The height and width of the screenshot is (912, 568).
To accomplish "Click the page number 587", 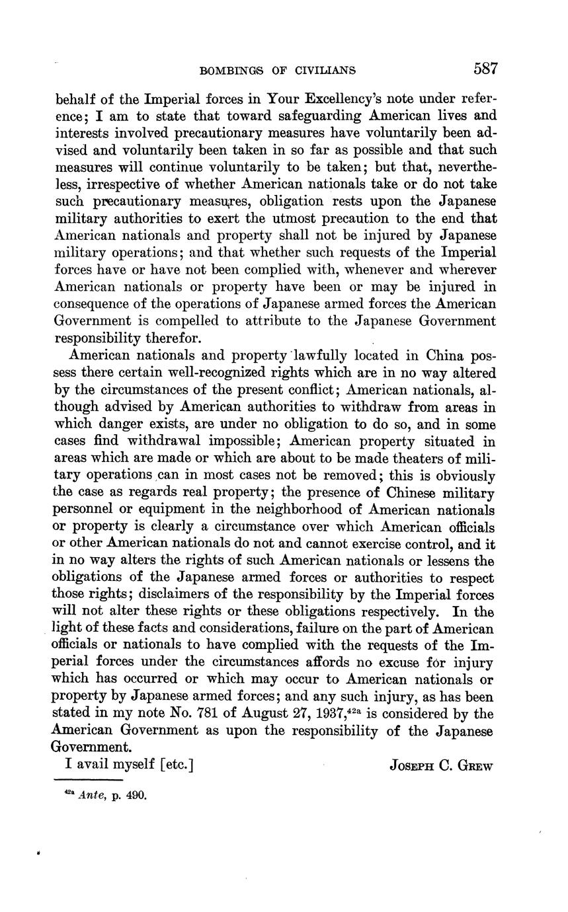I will click(x=485, y=69).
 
